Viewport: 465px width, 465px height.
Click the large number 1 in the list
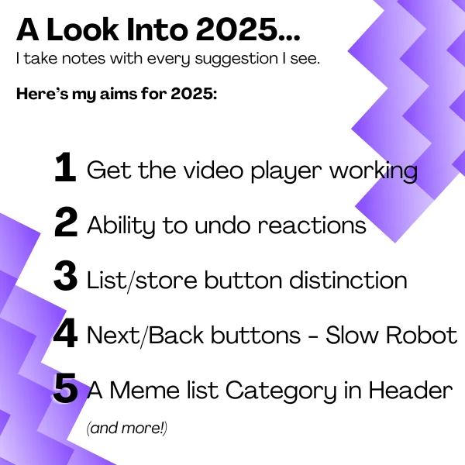pos(66,167)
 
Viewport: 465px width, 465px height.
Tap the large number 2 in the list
pos(66,222)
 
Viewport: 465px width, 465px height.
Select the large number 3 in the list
pos(66,276)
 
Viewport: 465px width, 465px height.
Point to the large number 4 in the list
pos(66,332)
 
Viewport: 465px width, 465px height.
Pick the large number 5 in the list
pos(66,387)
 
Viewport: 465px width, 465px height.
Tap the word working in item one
pos(374,170)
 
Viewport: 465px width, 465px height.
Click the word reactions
pos(312,226)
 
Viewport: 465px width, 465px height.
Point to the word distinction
pos(348,280)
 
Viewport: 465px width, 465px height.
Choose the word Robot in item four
pos(422,335)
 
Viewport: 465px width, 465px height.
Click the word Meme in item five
pos(145,390)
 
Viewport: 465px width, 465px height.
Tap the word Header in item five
pos(411,390)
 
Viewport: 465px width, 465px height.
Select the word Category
pos(281,391)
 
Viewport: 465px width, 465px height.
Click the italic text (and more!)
pos(127,428)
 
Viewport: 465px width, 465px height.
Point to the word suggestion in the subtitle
pos(236,59)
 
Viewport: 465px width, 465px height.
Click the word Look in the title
pos(83,29)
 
